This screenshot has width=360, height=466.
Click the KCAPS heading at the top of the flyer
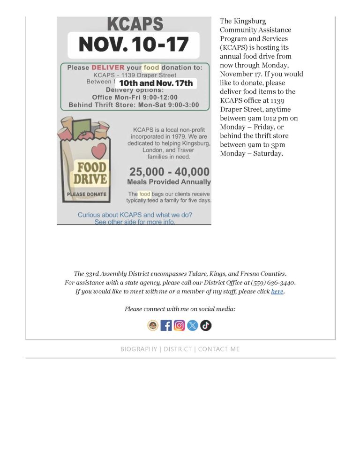click(x=135, y=24)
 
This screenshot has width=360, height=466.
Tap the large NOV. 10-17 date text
click(x=134, y=45)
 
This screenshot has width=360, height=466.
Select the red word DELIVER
click(x=108, y=68)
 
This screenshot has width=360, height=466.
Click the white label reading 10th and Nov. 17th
click(x=156, y=83)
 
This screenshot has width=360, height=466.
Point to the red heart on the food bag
click(x=98, y=151)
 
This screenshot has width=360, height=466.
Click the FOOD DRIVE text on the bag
click(x=92, y=173)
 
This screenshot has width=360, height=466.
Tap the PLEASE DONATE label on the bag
click(x=87, y=194)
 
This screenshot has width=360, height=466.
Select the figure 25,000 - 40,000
click(x=169, y=172)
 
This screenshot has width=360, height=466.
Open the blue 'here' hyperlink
click(x=277, y=291)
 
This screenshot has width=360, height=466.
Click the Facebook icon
click(x=166, y=325)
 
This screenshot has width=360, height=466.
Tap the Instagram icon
click(x=180, y=325)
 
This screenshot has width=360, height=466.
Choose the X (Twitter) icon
click(x=193, y=325)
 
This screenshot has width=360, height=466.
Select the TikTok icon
click(x=206, y=325)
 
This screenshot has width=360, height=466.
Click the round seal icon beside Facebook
click(x=153, y=325)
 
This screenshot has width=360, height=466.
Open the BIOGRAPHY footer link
click(x=139, y=349)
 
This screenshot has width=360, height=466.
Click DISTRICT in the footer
click(x=178, y=349)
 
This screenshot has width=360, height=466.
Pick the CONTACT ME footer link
click(x=219, y=349)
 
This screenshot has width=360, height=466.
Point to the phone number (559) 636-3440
click(x=273, y=282)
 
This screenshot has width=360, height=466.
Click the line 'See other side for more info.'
click(x=135, y=222)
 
